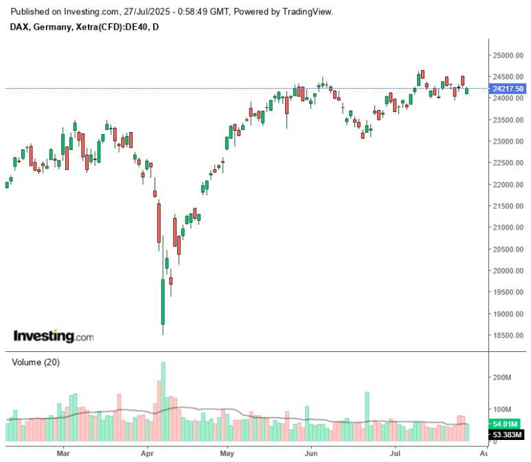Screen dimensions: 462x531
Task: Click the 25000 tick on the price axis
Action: tap(504, 55)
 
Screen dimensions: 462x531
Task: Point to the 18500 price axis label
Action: tap(504, 335)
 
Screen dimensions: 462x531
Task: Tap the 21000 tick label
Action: tap(504, 228)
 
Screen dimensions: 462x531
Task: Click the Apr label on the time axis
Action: tap(146, 454)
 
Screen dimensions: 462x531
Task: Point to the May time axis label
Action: tap(228, 454)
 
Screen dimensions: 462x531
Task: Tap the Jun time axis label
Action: tap(312, 454)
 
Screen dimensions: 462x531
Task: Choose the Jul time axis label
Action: tap(395, 454)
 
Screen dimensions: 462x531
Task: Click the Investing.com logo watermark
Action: tap(53, 336)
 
